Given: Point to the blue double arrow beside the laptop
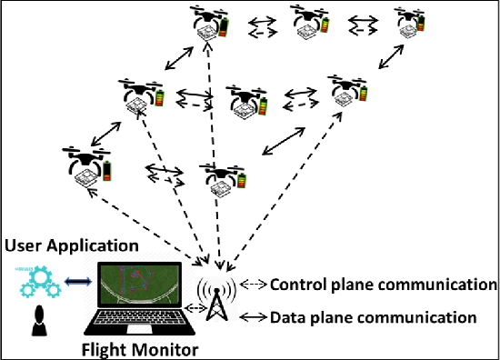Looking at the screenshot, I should pyautogui.click(x=77, y=281).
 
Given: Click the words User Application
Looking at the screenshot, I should pyautogui.click(x=71, y=246).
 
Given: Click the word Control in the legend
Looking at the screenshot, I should pyautogui.click(x=298, y=285).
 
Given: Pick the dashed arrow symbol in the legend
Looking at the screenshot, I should pyautogui.click(x=254, y=284).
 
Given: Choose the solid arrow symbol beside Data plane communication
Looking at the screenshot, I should pyautogui.click(x=254, y=317).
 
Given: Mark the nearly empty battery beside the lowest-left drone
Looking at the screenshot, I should pyautogui.click(x=106, y=171).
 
